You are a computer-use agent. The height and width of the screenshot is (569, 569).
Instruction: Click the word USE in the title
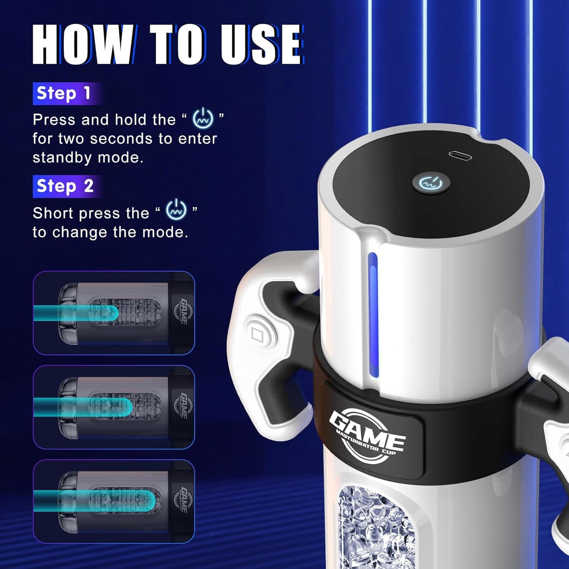pos(260,44)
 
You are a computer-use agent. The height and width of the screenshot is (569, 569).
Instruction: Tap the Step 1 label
pos(64,94)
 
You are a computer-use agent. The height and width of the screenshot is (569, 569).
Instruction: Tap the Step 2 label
pos(65,186)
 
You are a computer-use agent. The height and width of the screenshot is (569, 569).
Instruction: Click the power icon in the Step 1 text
pos(203,119)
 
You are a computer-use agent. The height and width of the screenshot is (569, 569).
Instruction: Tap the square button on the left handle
pos(258,335)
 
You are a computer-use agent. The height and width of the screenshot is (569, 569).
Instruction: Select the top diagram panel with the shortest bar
pos(114,313)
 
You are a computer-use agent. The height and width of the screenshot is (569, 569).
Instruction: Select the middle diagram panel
pos(114,407)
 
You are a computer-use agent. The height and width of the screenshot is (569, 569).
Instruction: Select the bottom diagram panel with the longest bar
pos(114,501)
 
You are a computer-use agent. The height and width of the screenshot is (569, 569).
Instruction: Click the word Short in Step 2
pos(53,213)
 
